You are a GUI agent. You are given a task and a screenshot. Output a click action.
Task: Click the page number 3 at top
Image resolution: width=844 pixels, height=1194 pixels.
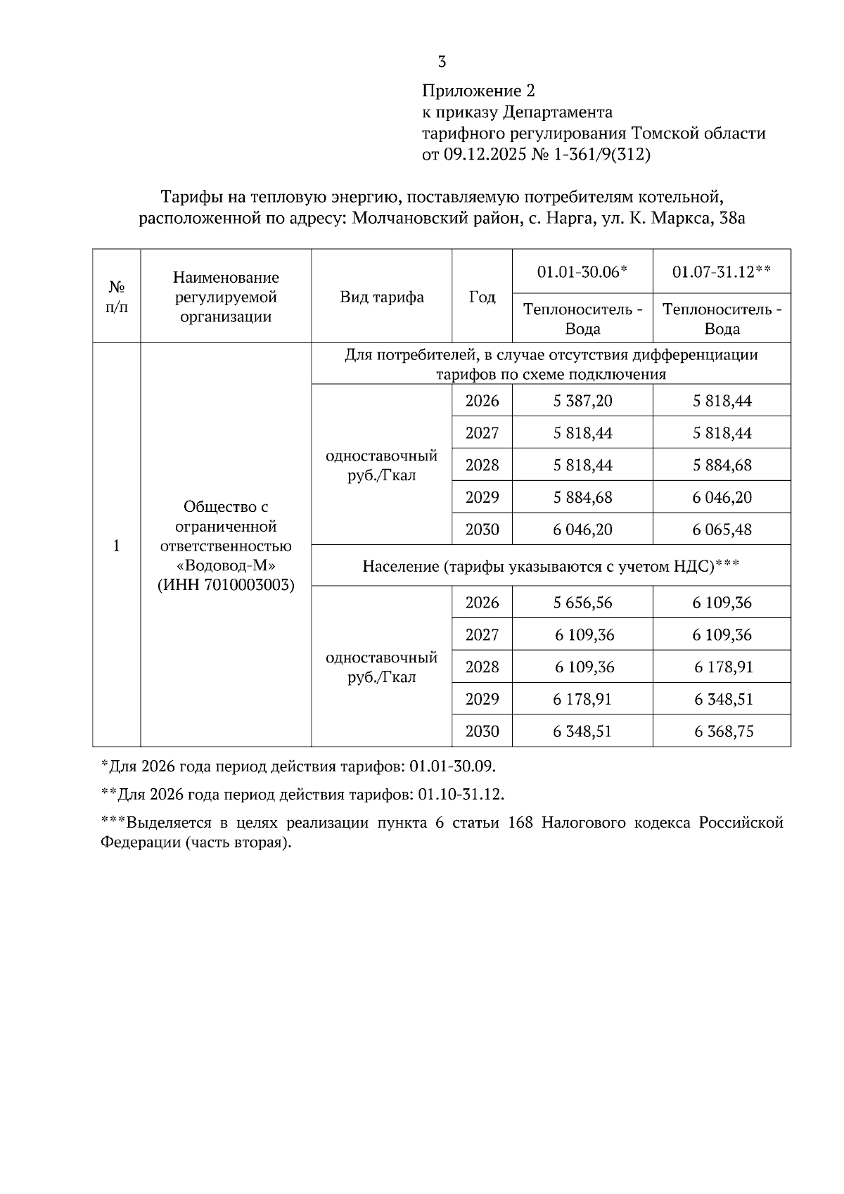442,62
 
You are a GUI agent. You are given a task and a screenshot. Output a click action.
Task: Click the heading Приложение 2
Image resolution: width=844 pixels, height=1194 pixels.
478,91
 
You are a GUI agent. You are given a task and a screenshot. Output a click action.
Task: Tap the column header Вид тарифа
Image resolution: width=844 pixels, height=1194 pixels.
382,297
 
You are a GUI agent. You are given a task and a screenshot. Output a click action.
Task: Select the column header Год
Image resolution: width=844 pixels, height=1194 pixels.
482,297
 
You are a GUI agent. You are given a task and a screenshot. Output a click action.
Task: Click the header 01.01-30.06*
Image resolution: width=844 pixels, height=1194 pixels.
582,271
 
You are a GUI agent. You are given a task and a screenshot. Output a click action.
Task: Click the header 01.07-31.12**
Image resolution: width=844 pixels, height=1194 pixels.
722,271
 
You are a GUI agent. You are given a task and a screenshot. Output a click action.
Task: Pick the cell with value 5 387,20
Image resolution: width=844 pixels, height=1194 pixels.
582,401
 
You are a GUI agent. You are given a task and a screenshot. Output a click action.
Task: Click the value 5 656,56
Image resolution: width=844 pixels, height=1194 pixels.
582,603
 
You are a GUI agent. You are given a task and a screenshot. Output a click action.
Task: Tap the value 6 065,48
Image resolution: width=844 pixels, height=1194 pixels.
722,529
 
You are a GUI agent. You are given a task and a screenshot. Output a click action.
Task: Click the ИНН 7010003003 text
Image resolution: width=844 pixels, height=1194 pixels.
226,585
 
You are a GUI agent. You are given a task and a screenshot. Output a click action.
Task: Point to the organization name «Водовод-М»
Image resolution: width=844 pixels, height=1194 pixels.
226,565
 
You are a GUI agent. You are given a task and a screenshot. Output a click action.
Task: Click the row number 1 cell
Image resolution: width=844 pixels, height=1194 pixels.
117,546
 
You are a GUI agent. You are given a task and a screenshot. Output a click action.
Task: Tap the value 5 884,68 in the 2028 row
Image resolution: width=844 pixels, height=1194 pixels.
722,465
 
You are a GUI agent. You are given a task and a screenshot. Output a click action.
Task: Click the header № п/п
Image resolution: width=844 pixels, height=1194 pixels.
117,297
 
